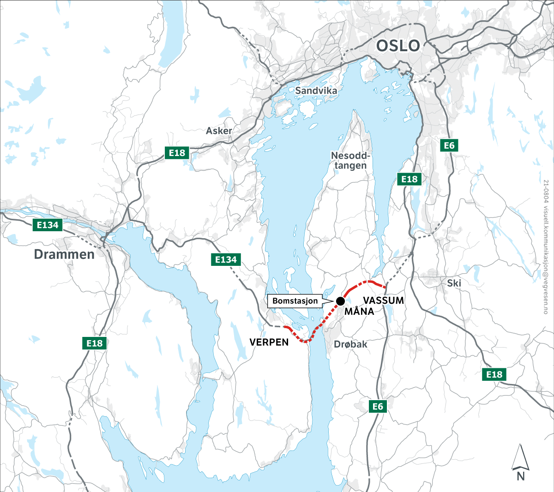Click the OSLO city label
[x=398, y=46]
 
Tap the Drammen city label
[x=64, y=254]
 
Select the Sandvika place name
[x=316, y=90]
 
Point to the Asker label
[x=219, y=131]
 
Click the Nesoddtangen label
[x=351, y=161]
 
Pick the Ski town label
[x=454, y=283]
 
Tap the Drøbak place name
[x=350, y=344]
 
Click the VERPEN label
[x=269, y=342]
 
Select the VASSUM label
[x=383, y=300]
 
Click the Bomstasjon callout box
[x=295, y=301]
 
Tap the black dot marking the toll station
[x=340, y=301]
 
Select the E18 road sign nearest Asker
[x=177, y=153]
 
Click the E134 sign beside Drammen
[x=48, y=225]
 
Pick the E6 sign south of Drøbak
[x=378, y=406]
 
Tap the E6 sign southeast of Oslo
[x=449, y=145]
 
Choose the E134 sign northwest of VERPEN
[x=226, y=260]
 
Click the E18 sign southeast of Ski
[x=494, y=374]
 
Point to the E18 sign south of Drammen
[x=95, y=343]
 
